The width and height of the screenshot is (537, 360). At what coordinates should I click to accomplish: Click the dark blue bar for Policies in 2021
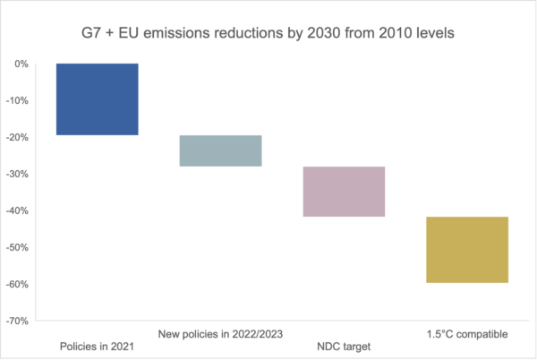click(x=97, y=99)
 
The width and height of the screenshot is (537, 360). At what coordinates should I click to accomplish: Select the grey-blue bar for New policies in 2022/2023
click(x=220, y=150)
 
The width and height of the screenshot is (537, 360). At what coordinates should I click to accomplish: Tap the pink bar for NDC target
click(x=344, y=192)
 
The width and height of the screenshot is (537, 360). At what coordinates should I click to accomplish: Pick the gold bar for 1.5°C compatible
click(x=467, y=249)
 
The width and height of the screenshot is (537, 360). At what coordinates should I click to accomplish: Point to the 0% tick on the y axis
click(x=21, y=64)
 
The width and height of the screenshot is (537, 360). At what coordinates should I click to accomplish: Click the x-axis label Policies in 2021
click(x=97, y=347)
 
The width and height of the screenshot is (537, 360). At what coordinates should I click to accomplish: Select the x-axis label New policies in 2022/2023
click(x=220, y=334)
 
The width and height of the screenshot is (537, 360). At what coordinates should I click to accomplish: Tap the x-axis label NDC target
click(x=344, y=347)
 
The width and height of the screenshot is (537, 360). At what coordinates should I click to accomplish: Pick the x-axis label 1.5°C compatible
click(x=467, y=334)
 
